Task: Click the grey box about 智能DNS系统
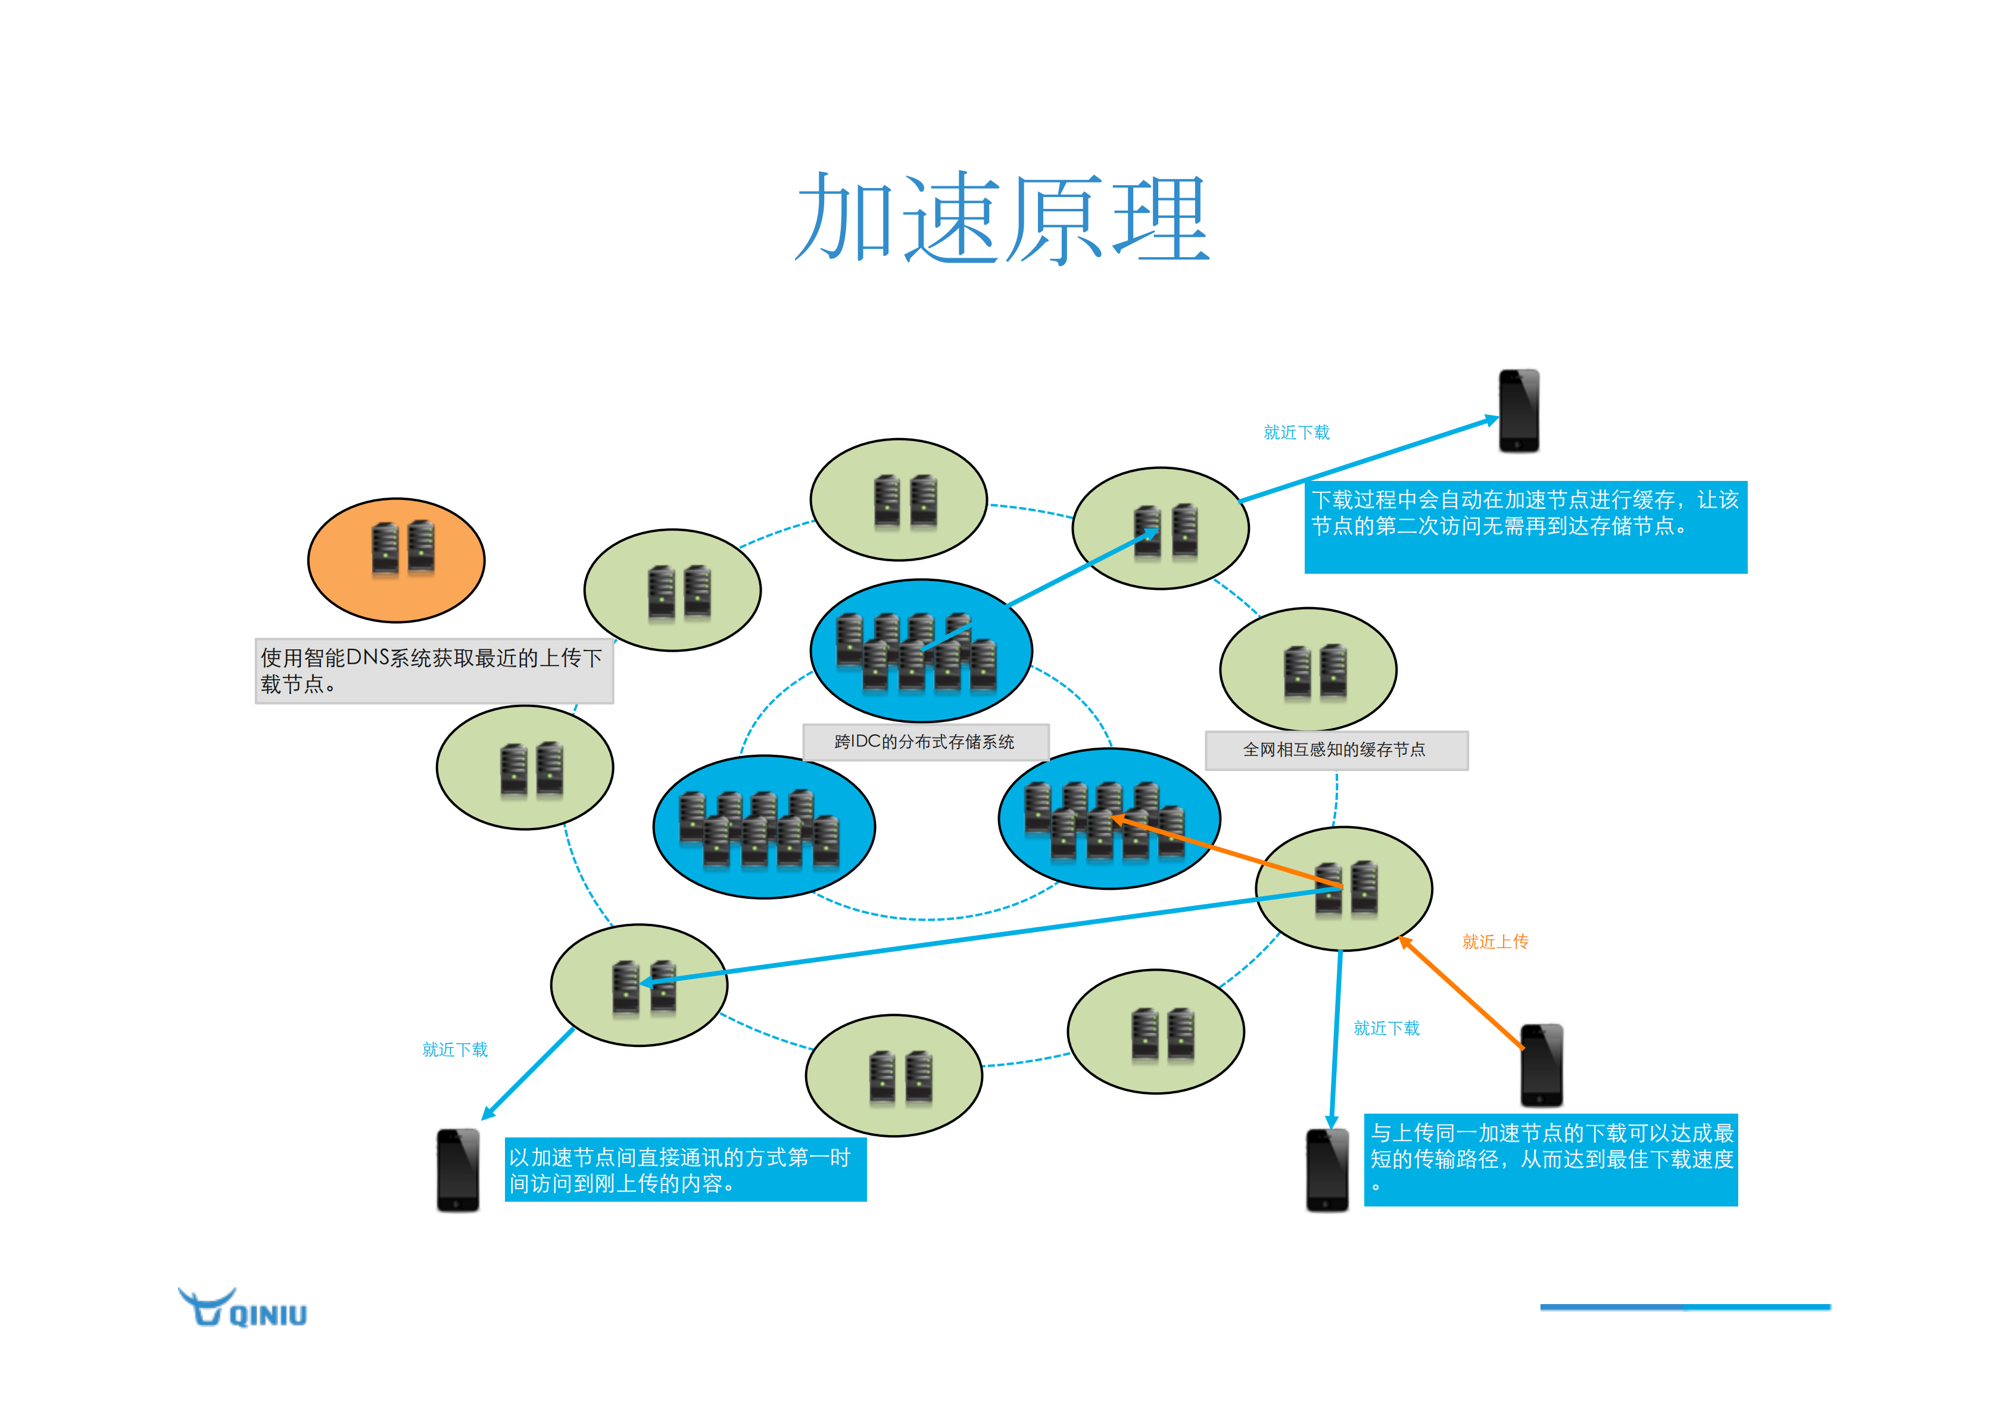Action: [x=434, y=670]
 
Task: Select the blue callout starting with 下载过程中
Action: [x=1524, y=526]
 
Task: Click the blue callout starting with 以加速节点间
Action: [x=685, y=1170]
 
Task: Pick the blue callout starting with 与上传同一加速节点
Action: [x=1550, y=1159]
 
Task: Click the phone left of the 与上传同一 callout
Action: [x=1327, y=1170]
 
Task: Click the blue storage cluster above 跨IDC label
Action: [x=921, y=651]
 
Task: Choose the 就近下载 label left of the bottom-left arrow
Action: [x=455, y=1050]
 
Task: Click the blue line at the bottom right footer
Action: [x=1685, y=1307]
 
